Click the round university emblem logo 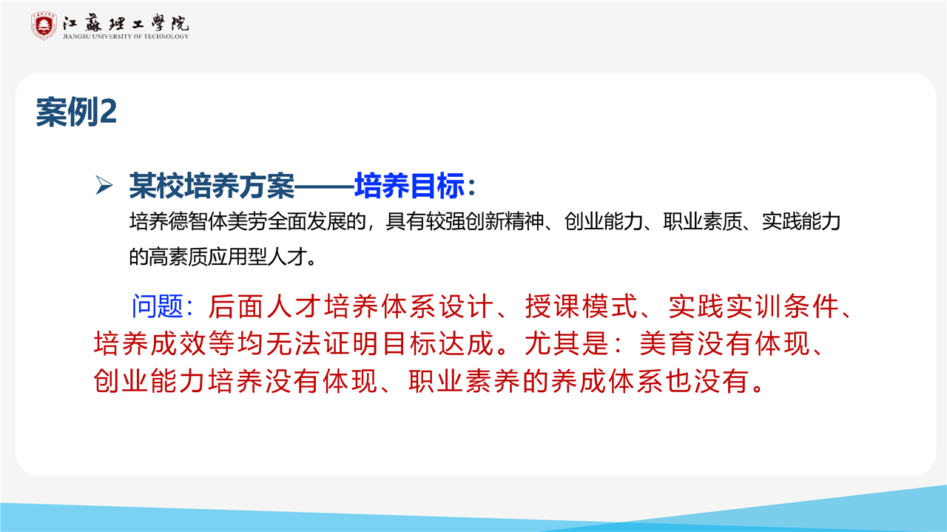(44, 26)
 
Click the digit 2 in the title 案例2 (107, 112)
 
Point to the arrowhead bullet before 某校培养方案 (104, 185)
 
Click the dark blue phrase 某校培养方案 (212, 185)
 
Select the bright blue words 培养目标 (410, 185)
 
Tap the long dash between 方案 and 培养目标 (324, 186)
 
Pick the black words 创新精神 (505, 221)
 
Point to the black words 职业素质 (703, 221)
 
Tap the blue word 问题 (158, 306)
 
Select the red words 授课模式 (581, 306)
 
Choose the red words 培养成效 (149, 343)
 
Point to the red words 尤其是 (567, 343)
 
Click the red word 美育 (667, 343)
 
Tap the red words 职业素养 (464, 380)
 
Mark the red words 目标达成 (438, 343)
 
